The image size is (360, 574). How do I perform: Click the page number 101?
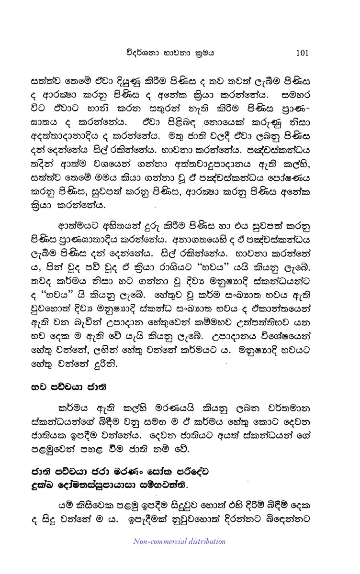(304, 53)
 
